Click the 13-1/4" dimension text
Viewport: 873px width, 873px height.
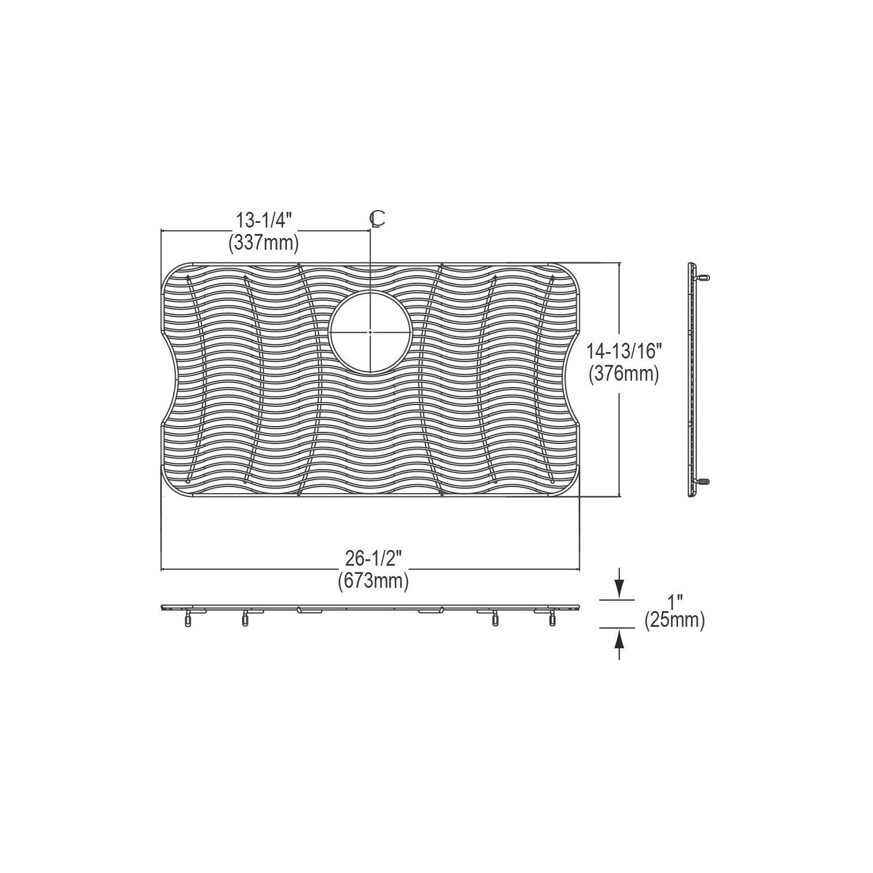(263, 221)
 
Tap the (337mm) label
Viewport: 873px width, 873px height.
(263, 242)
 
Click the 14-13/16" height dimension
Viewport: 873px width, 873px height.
(624, 351)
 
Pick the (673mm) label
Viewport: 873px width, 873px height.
(373, 580)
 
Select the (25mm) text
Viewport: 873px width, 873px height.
(675, 620)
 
